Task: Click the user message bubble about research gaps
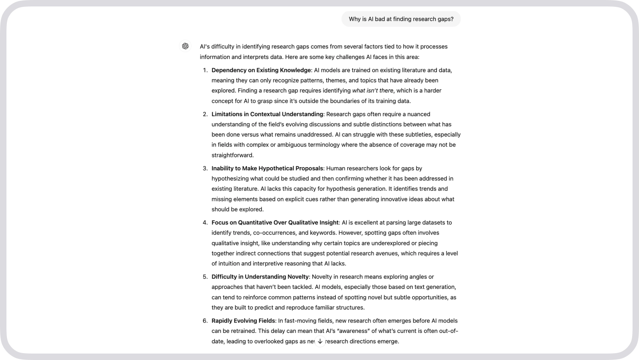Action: (401, 19)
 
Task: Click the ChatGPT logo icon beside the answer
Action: (185, 46)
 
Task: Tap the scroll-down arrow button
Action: (320, 341)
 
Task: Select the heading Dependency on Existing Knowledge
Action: (261, 70)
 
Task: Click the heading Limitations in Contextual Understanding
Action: (267, 114)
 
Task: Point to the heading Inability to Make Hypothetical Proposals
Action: (267, 168)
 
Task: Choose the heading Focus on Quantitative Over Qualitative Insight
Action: (275, 222)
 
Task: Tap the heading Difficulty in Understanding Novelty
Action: (260, 277)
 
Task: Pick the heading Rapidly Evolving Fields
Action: (243, 321)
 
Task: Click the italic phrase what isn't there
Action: (372, 91)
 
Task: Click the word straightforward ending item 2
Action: (232, 155)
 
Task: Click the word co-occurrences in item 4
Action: (275, 233)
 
